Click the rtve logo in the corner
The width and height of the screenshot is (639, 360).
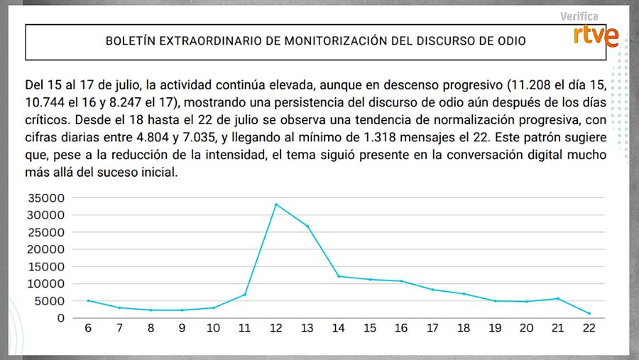[596, 36]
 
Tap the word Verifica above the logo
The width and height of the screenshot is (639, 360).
[579, 16]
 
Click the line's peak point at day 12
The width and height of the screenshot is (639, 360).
[276, 204]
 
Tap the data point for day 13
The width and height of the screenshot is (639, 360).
[307, 227]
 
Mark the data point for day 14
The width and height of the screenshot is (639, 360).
[339, 276]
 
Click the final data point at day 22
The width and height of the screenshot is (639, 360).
[589, 313]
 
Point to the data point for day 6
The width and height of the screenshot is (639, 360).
[88, 300]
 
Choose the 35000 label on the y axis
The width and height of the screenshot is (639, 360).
[46, 198]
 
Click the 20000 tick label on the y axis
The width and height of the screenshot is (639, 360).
[46, 249]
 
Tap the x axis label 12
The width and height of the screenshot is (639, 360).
[276, 328]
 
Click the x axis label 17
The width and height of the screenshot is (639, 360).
[432, 328]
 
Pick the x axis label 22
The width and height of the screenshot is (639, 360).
[589, 328]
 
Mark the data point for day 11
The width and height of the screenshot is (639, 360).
[245, 294]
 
